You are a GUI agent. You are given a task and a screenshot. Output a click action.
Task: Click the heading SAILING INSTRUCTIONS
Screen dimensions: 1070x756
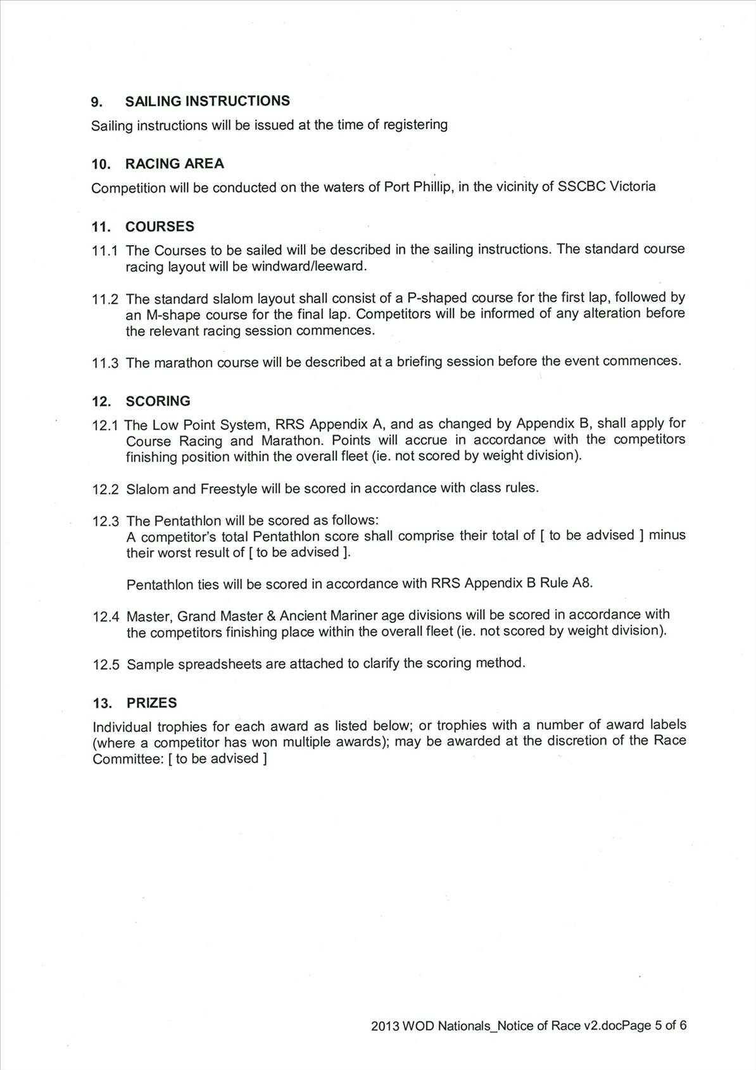click(207, 101)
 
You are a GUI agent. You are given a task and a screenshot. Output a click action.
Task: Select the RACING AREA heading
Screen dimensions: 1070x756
click(174, 164)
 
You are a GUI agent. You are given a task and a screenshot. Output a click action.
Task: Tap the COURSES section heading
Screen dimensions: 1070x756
click(160, 227)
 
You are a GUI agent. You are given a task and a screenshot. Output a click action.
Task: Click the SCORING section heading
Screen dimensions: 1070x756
click(158, 401)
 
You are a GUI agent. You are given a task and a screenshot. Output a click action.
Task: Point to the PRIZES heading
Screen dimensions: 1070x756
click(151, 703)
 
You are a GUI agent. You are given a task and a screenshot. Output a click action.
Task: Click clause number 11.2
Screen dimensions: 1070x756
click(105, 299)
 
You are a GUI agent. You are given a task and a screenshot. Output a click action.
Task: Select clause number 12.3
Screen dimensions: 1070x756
click(106, 522)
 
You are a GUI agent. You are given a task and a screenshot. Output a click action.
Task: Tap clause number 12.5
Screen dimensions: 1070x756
click(106, 665)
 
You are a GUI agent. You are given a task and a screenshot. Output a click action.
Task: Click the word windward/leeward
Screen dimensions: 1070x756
click(309, 267)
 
